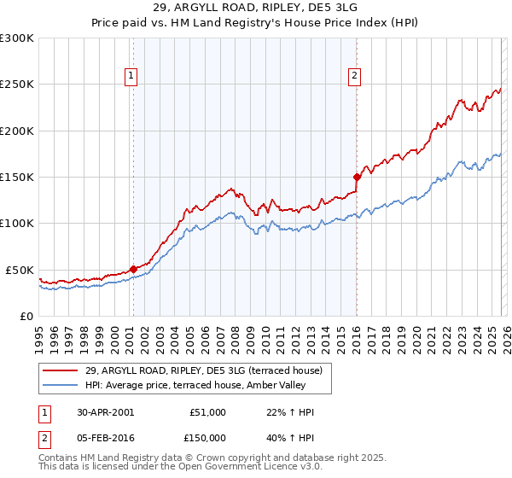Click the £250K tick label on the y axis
coord(16,85)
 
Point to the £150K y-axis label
coord(16,178)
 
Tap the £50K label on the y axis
coord(19,270)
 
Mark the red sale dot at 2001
coord(133,269)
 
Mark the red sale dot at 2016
coord(356,177)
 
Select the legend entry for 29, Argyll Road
coord(203,370)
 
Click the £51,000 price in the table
coord(207,412)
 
